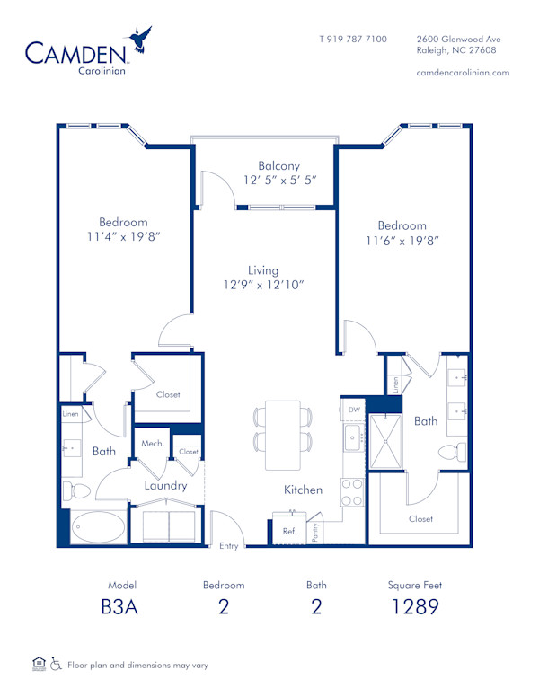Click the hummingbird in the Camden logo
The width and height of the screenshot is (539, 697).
[x=140, y=40]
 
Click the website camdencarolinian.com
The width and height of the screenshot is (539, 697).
[x=464, y=73]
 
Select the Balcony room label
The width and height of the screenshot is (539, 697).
[x=278, y=166]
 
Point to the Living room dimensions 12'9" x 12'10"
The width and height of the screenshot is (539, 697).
[x=264, y=285]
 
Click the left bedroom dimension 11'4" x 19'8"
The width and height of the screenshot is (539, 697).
[x=124, y=237]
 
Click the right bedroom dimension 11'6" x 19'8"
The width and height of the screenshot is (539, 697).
[x=402, y=241]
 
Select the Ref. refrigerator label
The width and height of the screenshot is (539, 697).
[x=289, y=532]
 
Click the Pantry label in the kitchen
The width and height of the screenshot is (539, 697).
[x=314, y=533]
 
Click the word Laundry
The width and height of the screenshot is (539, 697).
[x=167, y=486]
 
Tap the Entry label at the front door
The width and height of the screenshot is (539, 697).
[x=229, y=545]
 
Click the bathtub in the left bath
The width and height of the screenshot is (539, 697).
[x=99, y=528]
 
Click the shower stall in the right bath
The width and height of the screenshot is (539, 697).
[x=390, y=442]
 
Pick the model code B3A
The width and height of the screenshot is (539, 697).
[x=120, y=606]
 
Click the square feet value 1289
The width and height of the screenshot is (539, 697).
[x=414, y=606]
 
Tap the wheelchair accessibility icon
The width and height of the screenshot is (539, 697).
[x=56, y=665]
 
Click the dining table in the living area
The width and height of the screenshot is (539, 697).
[x=283, y=435]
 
